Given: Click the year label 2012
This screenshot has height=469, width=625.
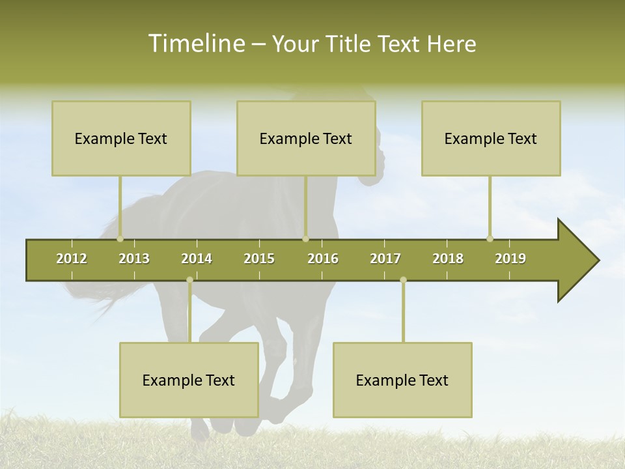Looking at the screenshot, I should (72, 259).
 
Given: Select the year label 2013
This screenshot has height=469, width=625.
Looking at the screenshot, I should (134, 259).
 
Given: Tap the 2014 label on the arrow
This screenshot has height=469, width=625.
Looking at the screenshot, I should (197, 259).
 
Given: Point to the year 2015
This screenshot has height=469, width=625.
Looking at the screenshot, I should (259, 259).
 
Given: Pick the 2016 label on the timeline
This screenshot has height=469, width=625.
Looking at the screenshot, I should (323, 259).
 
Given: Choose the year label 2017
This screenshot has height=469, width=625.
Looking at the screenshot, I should (385, 259).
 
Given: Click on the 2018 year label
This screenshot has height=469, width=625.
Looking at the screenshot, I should (448, 259).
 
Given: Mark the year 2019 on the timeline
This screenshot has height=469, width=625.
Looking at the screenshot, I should (510, 259).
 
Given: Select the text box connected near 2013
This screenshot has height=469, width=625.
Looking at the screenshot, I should (121, 139).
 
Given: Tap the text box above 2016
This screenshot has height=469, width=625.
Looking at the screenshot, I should (306, 139).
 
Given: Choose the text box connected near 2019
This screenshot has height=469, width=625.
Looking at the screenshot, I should (491, 139).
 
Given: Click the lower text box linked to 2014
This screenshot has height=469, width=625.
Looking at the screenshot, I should (189, 380).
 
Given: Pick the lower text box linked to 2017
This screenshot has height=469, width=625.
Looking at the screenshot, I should (402, 380).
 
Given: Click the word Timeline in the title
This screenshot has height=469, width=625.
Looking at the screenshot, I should (195, 44).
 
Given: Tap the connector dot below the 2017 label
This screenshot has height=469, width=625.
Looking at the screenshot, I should (403, 280).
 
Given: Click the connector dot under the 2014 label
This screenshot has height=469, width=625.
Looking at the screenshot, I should (189, 280).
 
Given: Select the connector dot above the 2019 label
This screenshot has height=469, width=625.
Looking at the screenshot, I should (490, 238).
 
